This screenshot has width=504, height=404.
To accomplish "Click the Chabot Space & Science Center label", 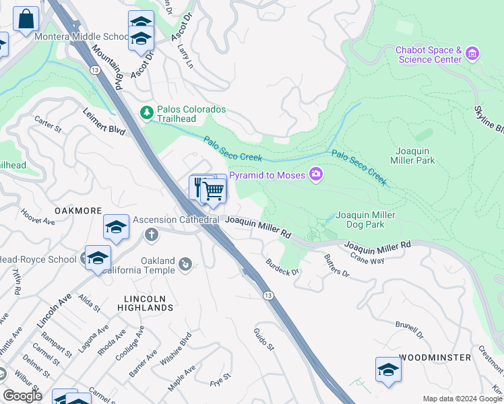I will click(429, 55).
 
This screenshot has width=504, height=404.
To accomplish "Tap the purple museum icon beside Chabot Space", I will click(472, 53).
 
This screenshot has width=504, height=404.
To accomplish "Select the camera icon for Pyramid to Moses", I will click(315, 175).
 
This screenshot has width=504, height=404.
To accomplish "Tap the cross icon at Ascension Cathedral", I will click(152, 234).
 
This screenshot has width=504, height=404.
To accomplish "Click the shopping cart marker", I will click(214, 191).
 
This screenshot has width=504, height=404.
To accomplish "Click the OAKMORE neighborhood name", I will click(77, 211).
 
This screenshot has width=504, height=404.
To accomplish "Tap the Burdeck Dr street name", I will click(281, 271).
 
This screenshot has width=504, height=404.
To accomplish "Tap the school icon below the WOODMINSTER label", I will click(387, 370).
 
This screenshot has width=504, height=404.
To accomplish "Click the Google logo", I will click(23, 396).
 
